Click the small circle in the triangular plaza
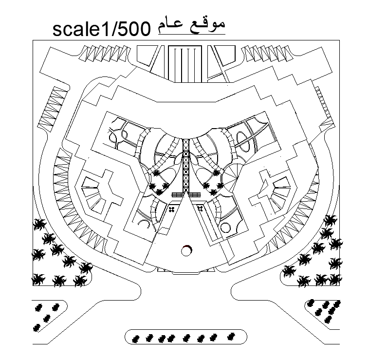186,250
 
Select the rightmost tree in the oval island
232,336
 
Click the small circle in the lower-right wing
225,227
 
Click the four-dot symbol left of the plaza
171,209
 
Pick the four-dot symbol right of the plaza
200,209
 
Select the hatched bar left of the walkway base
178,195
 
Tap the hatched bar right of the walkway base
194,195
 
